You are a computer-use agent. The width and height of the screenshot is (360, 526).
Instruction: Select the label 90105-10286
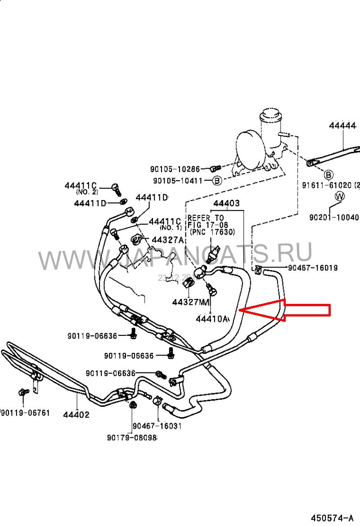175,169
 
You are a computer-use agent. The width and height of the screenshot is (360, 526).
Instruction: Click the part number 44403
226,204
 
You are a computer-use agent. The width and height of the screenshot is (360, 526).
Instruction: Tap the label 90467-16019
313,268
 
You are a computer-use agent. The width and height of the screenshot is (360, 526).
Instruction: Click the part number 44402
76,415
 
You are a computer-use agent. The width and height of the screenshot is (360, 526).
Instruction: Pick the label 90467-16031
157,426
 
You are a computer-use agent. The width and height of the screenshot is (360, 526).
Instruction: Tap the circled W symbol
339,196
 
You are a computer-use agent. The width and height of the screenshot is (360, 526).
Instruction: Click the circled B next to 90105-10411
217,181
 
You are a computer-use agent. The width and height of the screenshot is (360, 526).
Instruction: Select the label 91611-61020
331,185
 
